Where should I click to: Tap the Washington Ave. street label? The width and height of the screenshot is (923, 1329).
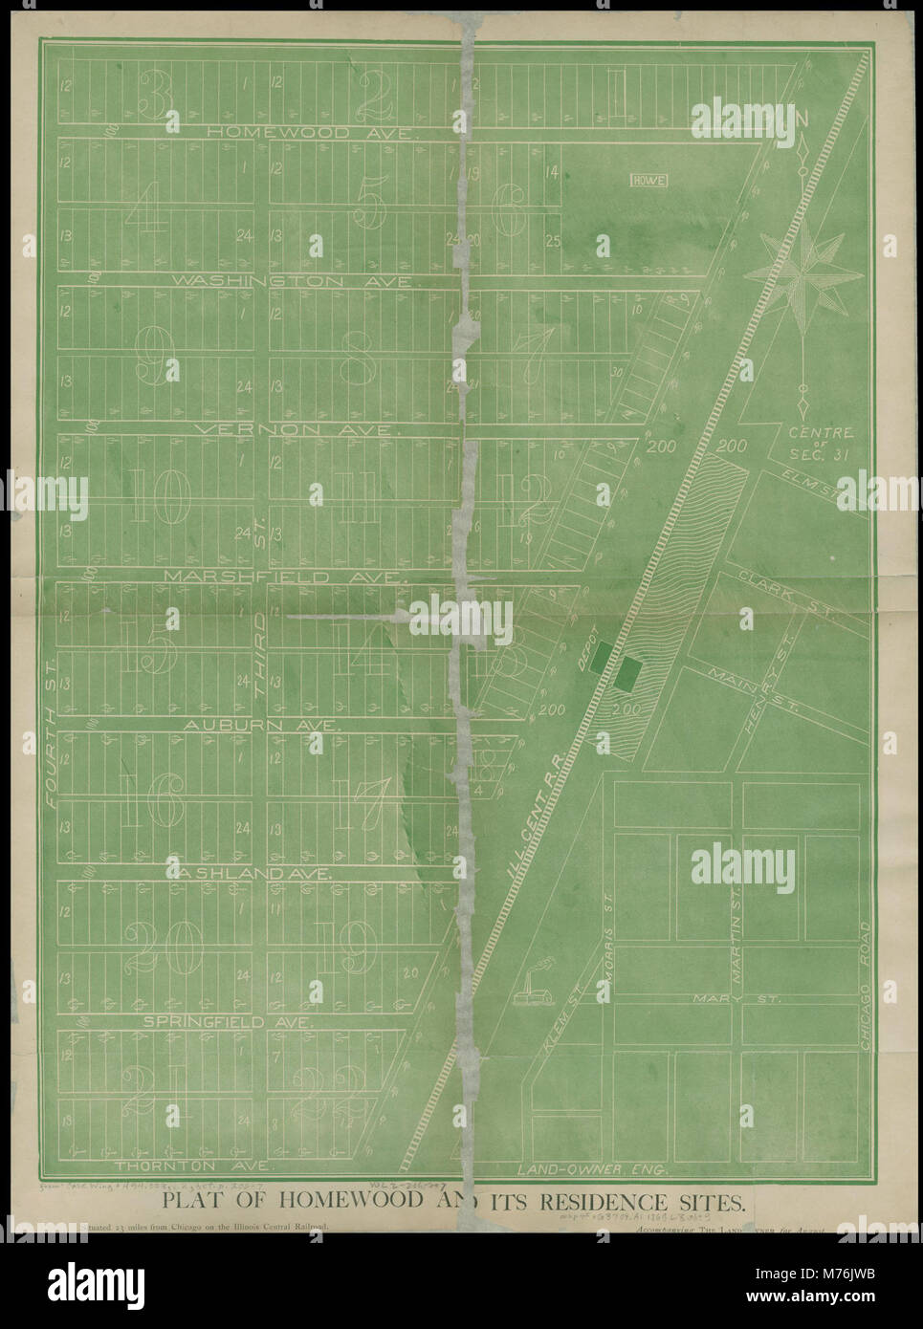(x=293, y=282)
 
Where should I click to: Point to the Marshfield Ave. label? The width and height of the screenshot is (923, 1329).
(x=284, y=577)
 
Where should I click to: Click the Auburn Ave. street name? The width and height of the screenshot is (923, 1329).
(x=260, y=726)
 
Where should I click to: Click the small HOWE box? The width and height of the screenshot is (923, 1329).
(x=648, y=179)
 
